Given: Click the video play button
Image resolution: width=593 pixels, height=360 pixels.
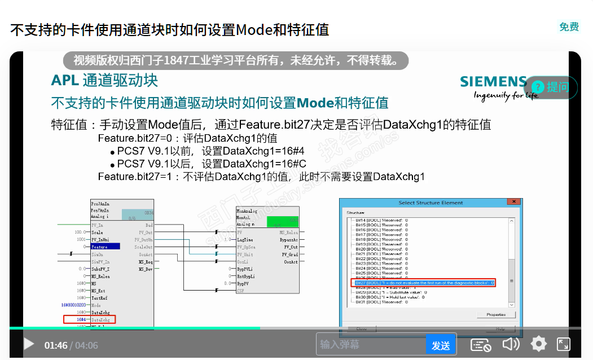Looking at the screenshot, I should [x=28, y=344].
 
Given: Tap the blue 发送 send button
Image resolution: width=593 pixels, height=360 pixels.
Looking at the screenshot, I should [x=441, y=345].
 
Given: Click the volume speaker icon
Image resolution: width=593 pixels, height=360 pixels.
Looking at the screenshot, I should [x=510, y=344].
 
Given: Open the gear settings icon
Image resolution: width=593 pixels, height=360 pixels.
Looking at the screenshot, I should [x=538, y=344].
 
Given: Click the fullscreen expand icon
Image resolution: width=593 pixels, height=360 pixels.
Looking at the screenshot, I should [x=563, y=344].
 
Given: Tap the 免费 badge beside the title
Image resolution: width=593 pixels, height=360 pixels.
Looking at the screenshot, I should [x=569, y=27].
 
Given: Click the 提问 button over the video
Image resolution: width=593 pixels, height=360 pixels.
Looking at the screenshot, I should [x=551, y=87].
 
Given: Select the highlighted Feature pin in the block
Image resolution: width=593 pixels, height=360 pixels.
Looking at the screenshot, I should [x=105, y=247].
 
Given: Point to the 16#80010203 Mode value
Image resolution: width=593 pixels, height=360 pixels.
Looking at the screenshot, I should [x=73, y=305].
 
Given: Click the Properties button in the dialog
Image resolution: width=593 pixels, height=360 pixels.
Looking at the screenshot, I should [x=496, y=314].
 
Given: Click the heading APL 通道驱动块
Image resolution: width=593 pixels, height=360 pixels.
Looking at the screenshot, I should [x=104, y=80].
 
